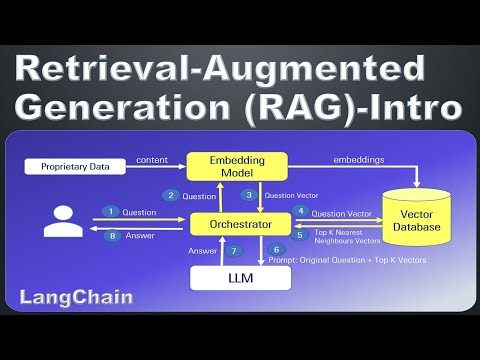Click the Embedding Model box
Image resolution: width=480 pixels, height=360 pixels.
coord(238,166)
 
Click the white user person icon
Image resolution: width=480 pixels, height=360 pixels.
coord(58,222)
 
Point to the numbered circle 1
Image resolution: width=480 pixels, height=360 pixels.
coord(112,212)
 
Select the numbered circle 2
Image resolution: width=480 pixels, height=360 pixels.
coord(171,195)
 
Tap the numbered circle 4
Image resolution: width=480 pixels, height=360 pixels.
coord(302,211)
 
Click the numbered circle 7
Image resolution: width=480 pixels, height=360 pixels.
coord(234,250)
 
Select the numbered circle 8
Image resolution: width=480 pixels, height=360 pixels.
coord(112,237)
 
